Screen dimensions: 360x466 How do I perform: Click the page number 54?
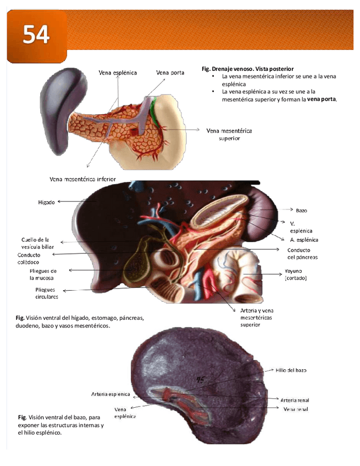tap(36, 35)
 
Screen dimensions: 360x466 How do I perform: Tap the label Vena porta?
tap(170, 72)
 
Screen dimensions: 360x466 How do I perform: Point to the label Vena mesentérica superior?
tap(229, 135)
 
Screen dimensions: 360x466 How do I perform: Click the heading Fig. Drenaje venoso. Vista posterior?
tap(247, 68)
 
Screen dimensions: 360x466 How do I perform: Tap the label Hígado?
tap(46, 202)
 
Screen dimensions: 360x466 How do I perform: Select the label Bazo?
tap(301, 210)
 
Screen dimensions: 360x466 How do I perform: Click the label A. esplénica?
tap(304, 240)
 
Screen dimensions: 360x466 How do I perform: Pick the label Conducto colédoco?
tap(32, 259)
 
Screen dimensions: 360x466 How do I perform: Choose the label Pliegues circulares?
tap(47, 293)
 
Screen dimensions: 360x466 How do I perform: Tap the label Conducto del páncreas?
tap(302, 253)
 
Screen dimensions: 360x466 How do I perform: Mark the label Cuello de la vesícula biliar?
tap(38, 243)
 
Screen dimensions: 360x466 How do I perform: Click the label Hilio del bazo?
tap(291, 370)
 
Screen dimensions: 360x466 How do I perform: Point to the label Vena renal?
tap(296, 410)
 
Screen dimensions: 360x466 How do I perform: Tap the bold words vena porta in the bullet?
tap(322, 99)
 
